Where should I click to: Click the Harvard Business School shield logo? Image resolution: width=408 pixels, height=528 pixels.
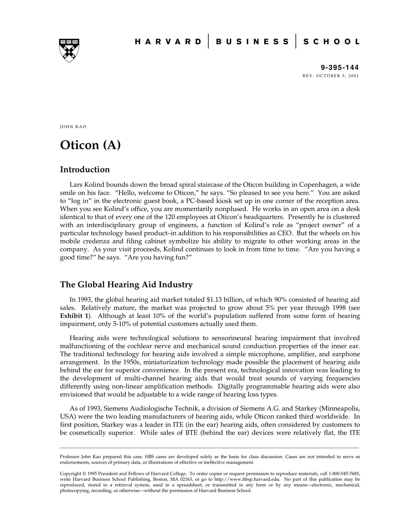69,50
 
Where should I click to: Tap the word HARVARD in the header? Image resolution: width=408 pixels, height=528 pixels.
168,42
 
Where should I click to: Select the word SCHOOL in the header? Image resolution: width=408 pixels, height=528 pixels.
331,42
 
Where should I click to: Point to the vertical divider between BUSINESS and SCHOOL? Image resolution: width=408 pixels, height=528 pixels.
296,41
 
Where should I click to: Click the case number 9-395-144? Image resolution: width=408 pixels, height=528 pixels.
340,67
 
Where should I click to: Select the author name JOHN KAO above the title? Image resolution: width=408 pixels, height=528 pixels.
73,127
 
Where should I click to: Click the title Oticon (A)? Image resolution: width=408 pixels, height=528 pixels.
90,145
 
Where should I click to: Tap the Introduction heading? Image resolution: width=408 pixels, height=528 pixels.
85,169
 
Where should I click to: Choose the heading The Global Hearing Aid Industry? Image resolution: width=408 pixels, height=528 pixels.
126,284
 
